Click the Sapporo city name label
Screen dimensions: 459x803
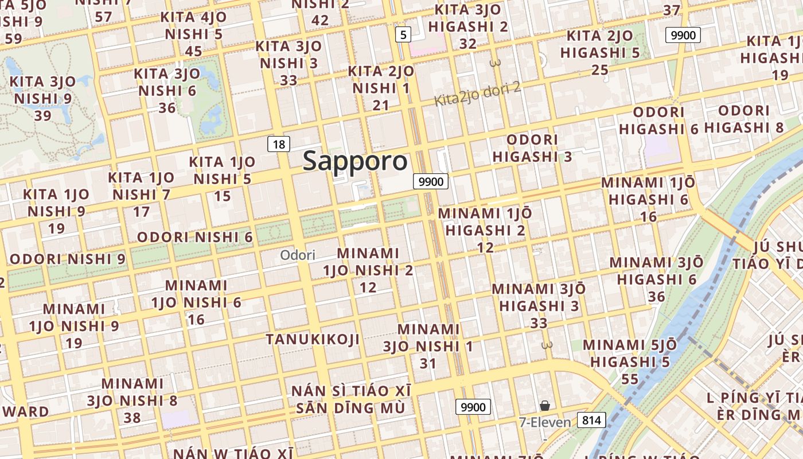(355, 161)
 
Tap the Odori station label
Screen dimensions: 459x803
(298, 255)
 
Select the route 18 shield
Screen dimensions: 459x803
(279, 144)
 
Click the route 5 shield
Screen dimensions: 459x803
(403, 35)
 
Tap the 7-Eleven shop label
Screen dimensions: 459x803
(545, 423)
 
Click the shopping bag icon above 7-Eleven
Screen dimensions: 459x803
(544, 406)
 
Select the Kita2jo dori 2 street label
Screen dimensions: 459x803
(477, 94)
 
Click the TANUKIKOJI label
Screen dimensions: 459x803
(313, 339)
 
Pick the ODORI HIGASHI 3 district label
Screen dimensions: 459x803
(532, 148)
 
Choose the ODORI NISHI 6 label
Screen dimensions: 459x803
(195, 237)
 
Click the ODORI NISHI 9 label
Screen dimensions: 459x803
(68, 259)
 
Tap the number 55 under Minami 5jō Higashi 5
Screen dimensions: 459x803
(630, 379)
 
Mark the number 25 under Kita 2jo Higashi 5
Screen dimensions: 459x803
(600, 70)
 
